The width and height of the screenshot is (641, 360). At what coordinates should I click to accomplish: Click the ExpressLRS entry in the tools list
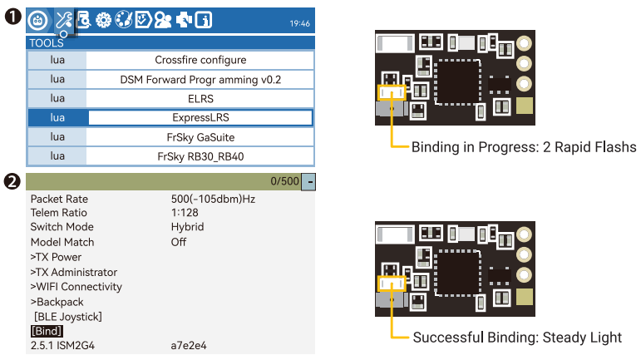[200, 117]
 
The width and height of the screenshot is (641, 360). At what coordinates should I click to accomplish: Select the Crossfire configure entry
[200, 60]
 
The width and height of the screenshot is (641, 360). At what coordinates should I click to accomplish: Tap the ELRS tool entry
[200, 98]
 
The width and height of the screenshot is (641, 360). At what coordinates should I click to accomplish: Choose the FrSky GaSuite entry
[200, 136]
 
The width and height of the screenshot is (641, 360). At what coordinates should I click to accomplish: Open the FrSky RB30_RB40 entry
[200, 155]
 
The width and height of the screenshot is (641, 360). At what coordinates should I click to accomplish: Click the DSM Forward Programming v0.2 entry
[200, 79]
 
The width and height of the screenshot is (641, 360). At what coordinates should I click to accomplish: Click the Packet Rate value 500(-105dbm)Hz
[212, 200]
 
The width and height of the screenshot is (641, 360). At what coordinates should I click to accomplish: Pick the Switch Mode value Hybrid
[187, 227]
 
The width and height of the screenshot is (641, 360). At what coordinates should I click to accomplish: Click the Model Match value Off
[179, 242]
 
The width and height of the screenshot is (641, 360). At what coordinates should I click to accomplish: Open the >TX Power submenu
[57, 257]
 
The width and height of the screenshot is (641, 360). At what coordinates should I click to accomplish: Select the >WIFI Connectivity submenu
[76, 287]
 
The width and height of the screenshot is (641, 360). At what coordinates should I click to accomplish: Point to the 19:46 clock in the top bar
[299, 23]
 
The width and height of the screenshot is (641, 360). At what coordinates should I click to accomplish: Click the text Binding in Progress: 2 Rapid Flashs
[524, 147]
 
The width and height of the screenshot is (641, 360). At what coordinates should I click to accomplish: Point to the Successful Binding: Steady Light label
[517, 338]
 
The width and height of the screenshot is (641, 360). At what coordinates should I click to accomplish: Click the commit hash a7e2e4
[189, 346]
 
